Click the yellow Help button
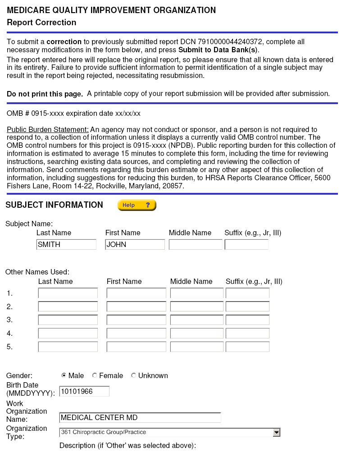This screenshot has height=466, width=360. click(x=137, y=205)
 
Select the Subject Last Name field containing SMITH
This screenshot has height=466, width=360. click(x=66, y=244)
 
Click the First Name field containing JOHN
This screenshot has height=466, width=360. click(x=135, y=244)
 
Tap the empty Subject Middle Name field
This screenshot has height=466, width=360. click(x=196, y=244)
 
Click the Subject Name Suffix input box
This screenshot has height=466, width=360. click(x=246, y=244)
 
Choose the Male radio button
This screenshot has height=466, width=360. click(x=64, y=375)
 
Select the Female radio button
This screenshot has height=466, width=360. click(x=95, y=375)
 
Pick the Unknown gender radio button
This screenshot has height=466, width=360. click(x=134, y=375)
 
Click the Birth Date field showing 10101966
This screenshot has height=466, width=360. click(x=84, y=391)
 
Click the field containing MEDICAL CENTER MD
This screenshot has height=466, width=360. click(x=140, y=417)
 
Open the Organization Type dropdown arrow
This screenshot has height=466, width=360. click(x=277, y=432)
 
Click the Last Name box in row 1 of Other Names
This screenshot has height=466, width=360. click(x=68, y=293)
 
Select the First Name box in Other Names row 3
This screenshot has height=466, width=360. click(x=136, y=320)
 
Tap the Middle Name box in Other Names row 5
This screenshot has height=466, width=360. click(x=196, y=347)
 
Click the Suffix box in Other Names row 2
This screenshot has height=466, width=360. click(x=247, y=306)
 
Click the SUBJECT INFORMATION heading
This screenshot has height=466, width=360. click(x=54, y=205)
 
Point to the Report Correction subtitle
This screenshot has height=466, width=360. click(x=41, y=23)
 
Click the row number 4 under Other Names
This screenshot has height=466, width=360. click(x=9, y=334)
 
